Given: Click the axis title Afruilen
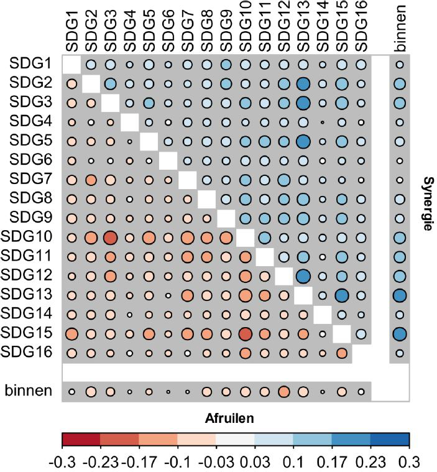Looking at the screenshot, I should (x=235, y=419).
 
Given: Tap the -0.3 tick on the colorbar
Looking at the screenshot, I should (x=62, y=462).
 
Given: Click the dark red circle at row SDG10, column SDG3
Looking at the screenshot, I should (x=110, y=238).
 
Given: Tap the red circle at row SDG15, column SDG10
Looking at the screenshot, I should (x=245, y=333).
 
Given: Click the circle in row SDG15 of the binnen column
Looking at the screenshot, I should (x=400, y=333).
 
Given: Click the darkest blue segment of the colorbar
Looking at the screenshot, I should (x=390, y=440).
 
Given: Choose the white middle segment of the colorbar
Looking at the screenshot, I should (x=236, y=440).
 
